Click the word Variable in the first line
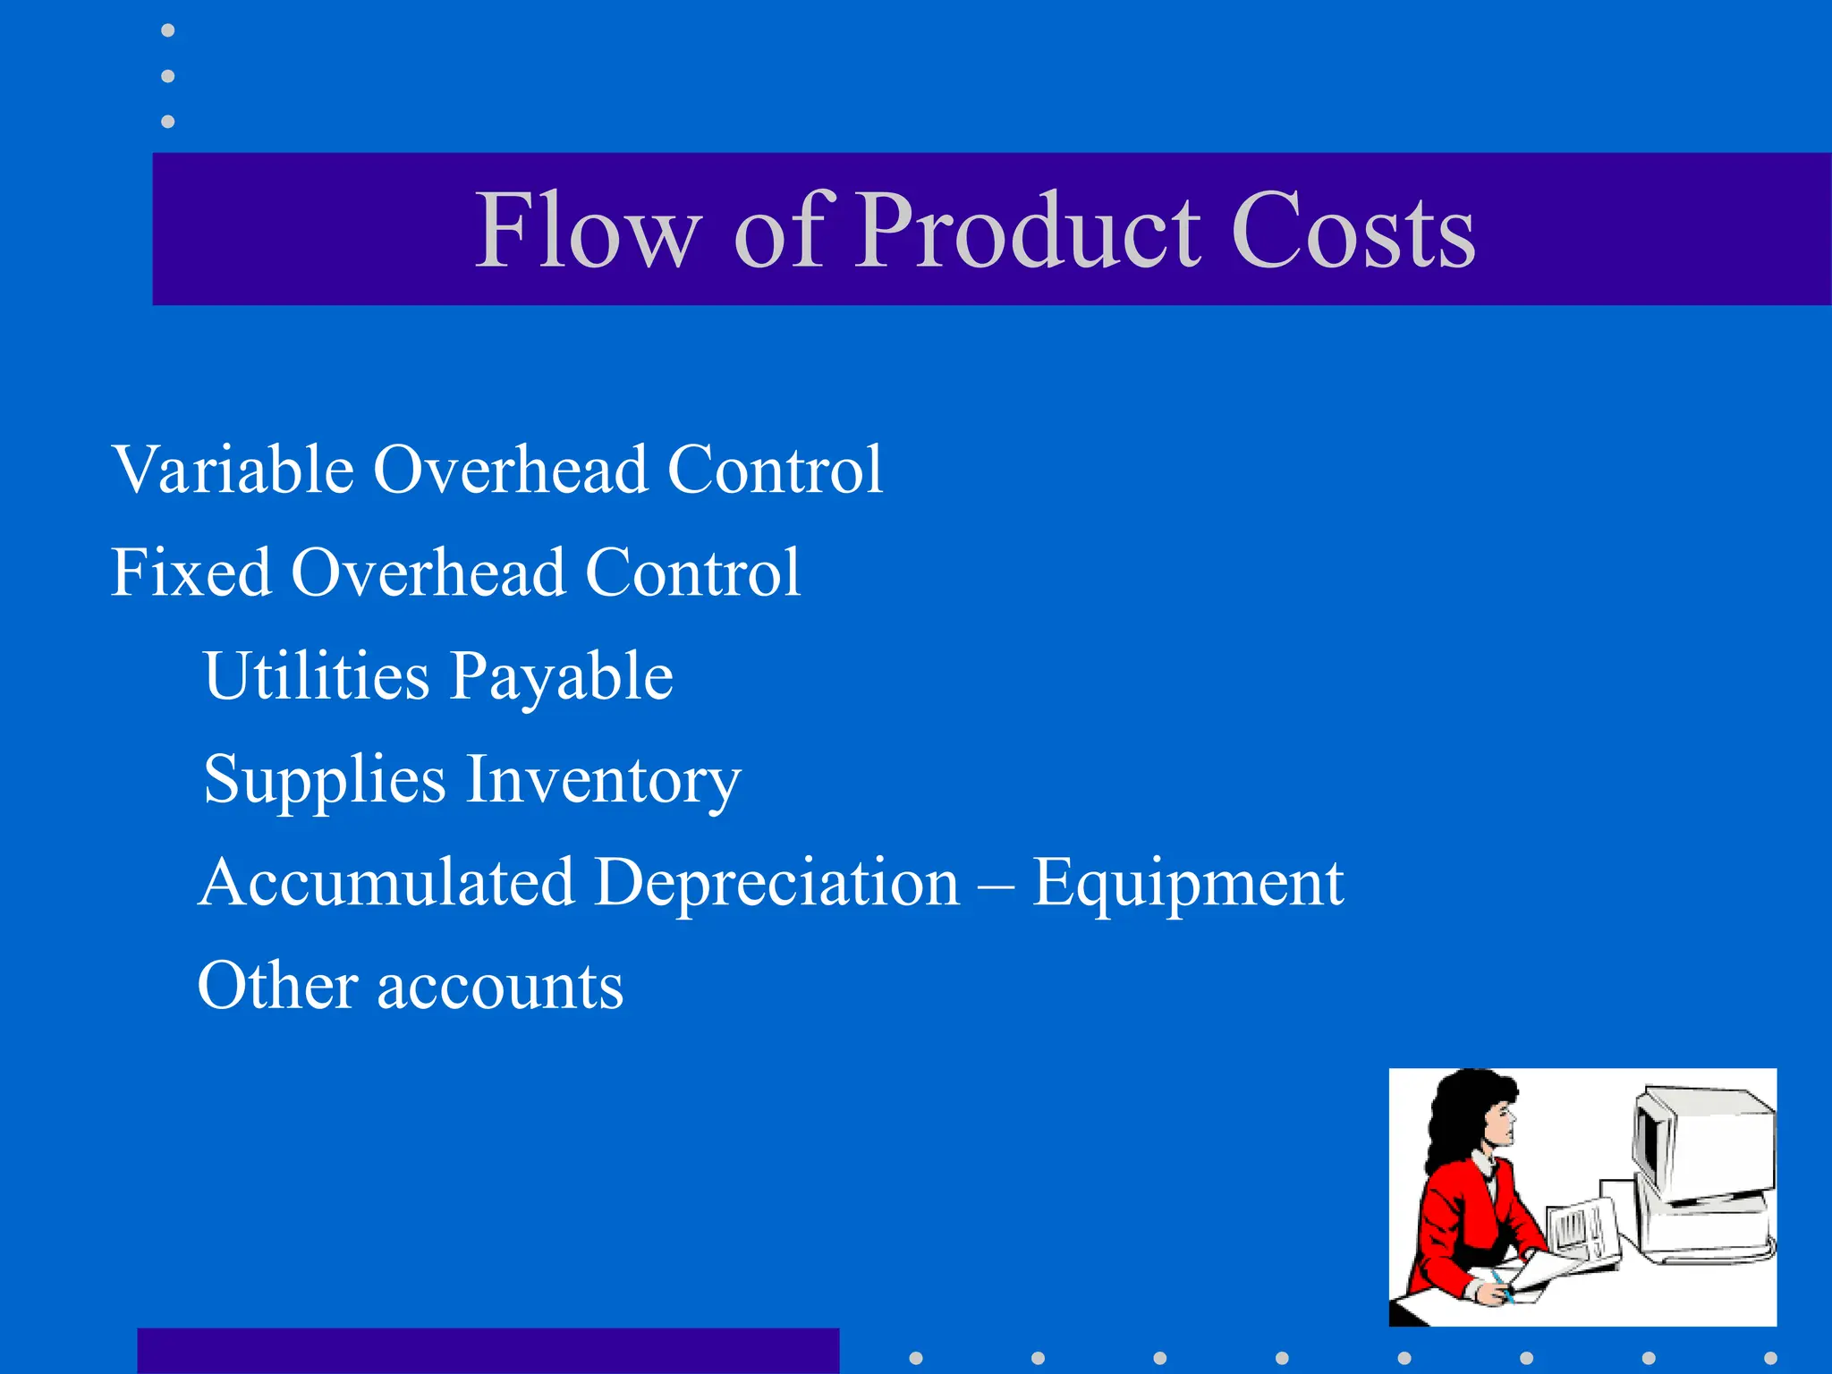(x=233, y=470)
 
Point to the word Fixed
(x=191, y=572)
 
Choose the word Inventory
(x=604, y=781)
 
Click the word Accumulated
(x=386, y=883)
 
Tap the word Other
(x=277, y=986)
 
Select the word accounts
(x=500, y=988)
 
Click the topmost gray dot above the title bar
(x=167, y=30)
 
